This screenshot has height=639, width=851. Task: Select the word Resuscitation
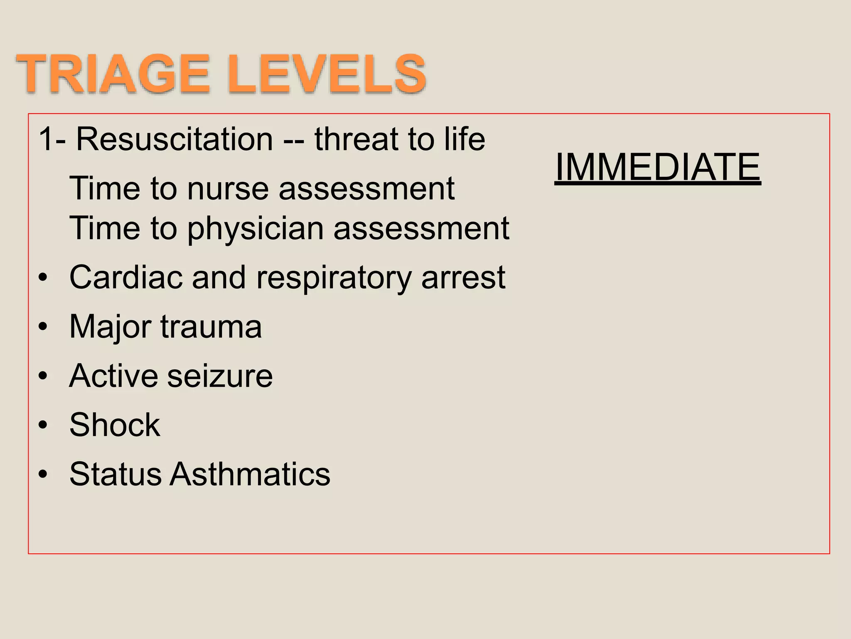click(x=175, y=139)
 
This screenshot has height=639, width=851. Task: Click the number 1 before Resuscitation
click(x=46, y=139)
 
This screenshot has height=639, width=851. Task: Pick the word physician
click(x=255, y=229)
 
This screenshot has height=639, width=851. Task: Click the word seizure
click(x=220, y=376)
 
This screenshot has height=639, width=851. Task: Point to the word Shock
click(x=115, y=425)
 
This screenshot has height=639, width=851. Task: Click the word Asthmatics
click(x=250, y=474)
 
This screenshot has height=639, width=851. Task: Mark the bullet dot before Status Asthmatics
click(x=43, y=475)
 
